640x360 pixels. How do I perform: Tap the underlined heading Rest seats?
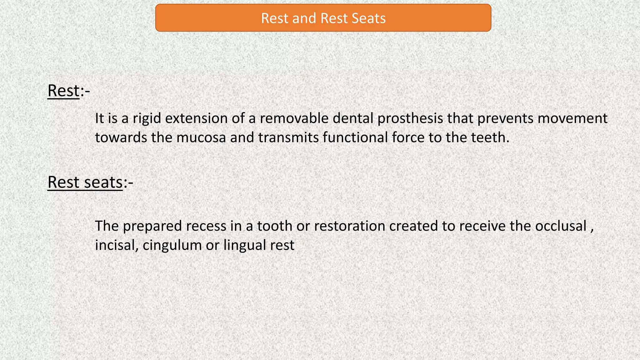[85, 182]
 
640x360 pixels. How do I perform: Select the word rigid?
[147, 118]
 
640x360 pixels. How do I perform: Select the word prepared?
[152, 226]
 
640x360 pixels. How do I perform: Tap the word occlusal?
[561, 226]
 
